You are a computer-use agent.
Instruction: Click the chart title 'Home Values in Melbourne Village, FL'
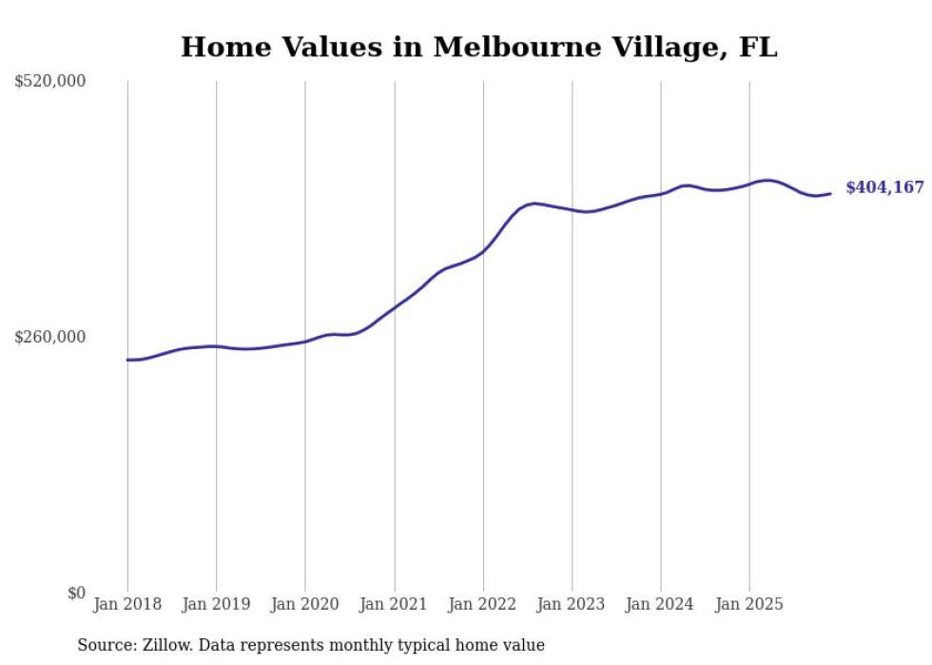click(478, 47)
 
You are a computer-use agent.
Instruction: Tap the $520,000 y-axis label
click(50, 82)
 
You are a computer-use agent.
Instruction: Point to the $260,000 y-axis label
click(50, 337)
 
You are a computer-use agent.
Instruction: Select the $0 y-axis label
click(76, 593)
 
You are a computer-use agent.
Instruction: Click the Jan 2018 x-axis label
click(127, 604)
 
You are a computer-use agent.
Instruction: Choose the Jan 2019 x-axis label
click(216, 604)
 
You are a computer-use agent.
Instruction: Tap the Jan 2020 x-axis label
click(305, 604)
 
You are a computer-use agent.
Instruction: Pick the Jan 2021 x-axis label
click(394, 604)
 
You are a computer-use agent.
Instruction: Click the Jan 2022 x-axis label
click(483, 604)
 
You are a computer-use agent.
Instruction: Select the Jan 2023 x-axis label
click(572, 604)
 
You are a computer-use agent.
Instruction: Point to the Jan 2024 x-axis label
click(661, 604)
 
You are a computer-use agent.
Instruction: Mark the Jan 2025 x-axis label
click(749, 604)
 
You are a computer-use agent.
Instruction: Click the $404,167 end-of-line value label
click(884, 188)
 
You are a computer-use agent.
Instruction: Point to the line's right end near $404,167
click(830, 194)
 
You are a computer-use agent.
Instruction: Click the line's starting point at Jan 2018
click(127, 360)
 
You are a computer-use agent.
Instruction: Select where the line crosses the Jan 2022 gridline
click(483, 251)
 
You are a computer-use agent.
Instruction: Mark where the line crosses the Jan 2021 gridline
click(394, 306)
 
